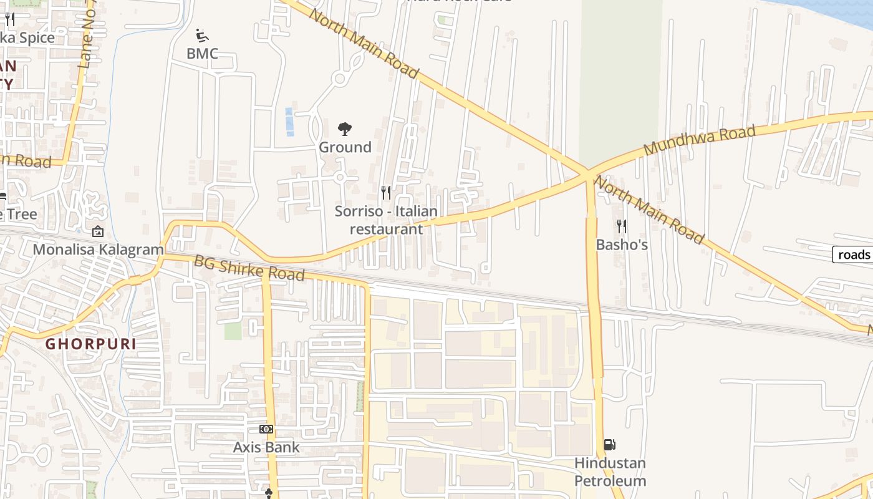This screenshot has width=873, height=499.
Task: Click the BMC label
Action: tap(202, 54)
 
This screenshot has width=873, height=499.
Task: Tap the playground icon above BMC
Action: tap(202, 34)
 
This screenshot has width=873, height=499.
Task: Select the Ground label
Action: tap(345, 147)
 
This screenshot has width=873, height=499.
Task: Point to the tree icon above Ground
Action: tap(345, 129)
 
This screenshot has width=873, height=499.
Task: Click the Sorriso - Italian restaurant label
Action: tap(386, 220)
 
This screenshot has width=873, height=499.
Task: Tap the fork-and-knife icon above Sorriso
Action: tap(386, 192)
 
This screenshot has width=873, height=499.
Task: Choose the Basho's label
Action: tap(622, 245)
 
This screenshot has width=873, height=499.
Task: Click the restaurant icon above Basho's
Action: tap(621, 226)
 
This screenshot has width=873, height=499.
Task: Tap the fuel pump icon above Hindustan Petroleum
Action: tap(610, 445)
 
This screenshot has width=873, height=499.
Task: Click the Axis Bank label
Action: tap(266, 447)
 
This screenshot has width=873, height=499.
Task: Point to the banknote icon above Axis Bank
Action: tap(266, 429)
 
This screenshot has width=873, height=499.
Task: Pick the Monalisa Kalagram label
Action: tap(98, 250)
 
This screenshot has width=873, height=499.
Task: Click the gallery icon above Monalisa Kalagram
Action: tap(98, 232)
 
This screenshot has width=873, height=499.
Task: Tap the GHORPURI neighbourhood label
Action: tap(90, 344)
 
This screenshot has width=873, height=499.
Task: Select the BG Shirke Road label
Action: tap(249, 268)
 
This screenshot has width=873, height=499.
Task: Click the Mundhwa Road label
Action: tap(700, 140)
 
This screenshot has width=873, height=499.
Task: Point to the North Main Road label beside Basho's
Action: tap(649, 210)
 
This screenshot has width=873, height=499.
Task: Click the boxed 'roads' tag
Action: tap(854, 254)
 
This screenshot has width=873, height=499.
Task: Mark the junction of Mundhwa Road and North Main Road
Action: tap(587, 173)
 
